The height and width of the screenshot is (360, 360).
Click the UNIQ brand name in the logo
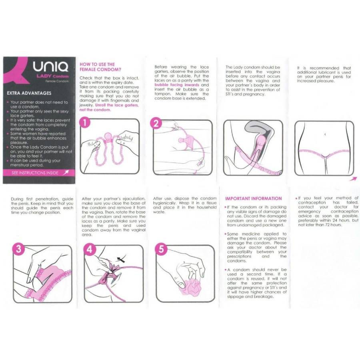(x=50, y=66)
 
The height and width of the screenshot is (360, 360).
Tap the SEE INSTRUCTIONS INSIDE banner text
(x=35, y=173)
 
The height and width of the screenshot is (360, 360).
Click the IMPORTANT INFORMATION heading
(x=253, y=198)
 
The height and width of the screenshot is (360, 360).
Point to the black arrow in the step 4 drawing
(x=120, y=259)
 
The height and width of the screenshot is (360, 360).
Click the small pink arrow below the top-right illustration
(x=352, y=179)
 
